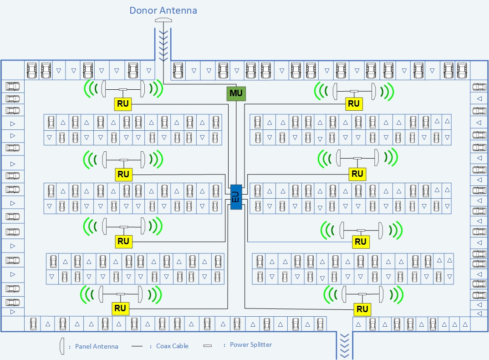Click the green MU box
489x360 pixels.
click(236, 93)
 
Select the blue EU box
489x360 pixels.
click(236, 197)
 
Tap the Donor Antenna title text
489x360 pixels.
click(163, 10)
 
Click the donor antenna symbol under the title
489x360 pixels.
click(163, 21)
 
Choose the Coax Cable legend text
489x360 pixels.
click(172, 346)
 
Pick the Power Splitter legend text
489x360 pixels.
click(251, 345)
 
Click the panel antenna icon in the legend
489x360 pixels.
click(61, 346)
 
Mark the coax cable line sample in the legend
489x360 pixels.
click(137, 346)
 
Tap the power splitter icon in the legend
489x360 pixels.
click(208, 346)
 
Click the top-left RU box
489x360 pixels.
click(123, 104)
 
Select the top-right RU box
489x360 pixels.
click(354, 104)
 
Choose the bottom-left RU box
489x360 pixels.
click(120, 309)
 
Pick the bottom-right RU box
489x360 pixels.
click(362, 309)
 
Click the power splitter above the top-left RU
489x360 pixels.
click(123, 89)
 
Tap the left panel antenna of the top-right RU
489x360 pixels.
click(335, 91)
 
